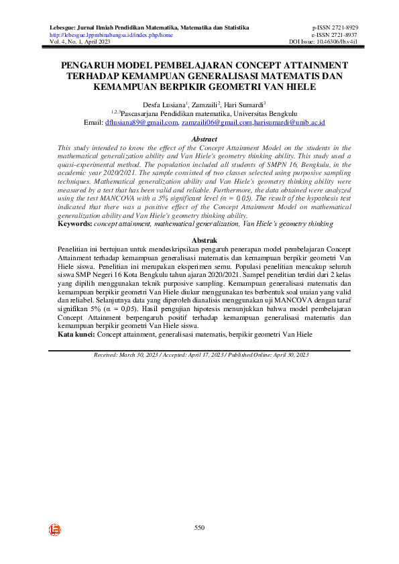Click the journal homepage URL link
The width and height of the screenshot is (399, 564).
[111, 34]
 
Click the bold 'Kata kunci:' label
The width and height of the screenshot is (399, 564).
[77, 333]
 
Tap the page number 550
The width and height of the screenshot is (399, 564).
[199, 528]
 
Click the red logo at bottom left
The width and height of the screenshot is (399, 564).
[55, 530]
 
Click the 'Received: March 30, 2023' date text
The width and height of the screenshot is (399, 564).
[125, 353]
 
